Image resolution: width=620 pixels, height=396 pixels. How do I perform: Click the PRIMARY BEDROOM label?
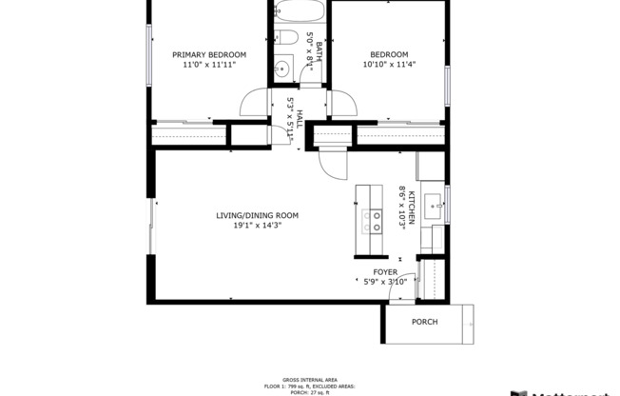[208, 54]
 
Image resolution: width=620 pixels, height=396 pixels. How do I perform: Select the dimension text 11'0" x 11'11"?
[208, 65]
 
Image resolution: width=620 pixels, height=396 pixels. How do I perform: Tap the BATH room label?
[320, 51]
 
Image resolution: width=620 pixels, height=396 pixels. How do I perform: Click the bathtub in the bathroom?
[300, 11]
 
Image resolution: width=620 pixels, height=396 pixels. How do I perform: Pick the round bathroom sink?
[282, 68]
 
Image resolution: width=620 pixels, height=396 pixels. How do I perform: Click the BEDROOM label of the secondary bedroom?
[389, 54]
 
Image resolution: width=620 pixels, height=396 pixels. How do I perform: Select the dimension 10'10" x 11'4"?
[389, 65]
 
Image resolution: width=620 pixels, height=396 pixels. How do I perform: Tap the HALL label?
[300, 119]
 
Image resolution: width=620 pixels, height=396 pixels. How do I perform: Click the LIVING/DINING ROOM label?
[257, 215]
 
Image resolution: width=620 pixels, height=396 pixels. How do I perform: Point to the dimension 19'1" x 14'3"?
[257, 227]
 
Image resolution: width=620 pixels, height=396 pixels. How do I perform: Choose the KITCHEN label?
[413, 203]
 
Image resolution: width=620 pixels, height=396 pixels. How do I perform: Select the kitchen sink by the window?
[433, 203]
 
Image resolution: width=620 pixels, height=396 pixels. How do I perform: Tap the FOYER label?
[385, 271]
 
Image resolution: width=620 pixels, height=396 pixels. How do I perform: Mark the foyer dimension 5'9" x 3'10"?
[385, 282]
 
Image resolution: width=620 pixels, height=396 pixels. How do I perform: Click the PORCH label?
[425, 322]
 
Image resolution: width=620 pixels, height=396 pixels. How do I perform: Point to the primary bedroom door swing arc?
[253, 102]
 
